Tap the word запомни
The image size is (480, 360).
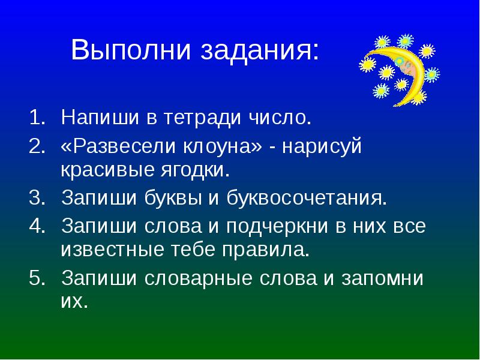point(380,278)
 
